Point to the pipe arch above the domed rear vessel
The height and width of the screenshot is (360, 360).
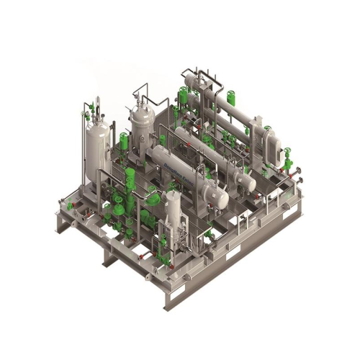click(142, 90)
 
